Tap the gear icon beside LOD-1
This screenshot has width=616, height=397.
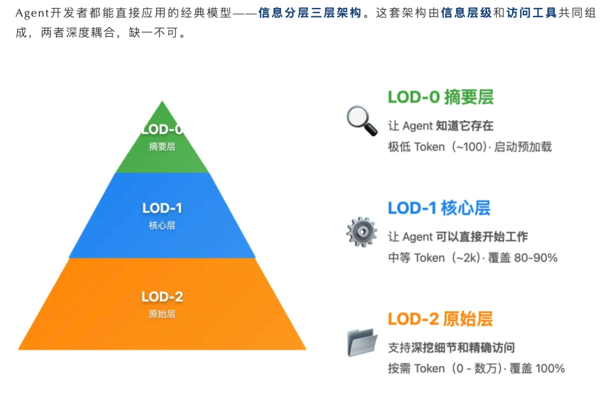point(362,231)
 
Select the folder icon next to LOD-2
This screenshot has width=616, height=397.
point(362,342)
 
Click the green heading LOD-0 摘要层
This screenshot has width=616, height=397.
point(440,97)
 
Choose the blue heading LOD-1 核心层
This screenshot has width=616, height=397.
point(439,208)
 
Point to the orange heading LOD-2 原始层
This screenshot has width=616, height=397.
point(440,318)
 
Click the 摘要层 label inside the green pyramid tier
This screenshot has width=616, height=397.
point(162,146)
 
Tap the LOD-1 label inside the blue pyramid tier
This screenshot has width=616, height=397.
point(162,208)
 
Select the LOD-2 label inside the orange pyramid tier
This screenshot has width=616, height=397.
point(162,297)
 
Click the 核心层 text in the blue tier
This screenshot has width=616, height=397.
point(162,226)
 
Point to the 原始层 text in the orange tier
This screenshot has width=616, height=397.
point(162,314)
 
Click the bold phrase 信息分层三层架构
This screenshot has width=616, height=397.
point(310,13)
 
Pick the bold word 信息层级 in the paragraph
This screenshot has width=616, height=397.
point(466,13)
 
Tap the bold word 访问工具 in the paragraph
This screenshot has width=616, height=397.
point(531,13)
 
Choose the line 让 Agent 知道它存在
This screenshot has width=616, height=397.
point(440,126)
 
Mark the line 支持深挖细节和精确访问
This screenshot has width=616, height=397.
point(451,347)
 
